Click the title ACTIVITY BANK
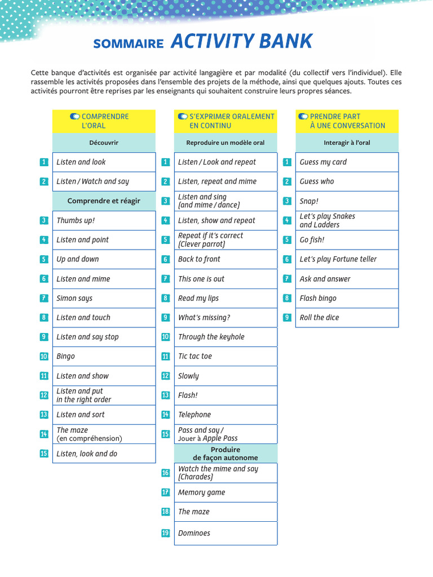click(x=241, y=42)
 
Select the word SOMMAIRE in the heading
click(x=128, y=44)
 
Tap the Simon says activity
click(x=74, y=298)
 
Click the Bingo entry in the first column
click(x=66, y=356)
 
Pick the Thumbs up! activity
click(x=76, y=220)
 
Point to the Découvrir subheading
click(x=104, y=143)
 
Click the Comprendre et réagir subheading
click(x=104, y=201)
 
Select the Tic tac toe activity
click(x=195, y=356)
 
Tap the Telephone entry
click(x=195, y=415)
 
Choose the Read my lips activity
click(x=198, y=298)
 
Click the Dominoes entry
click(x=194, y=533)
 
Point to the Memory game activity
click(x=201, y=492)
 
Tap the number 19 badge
click(x=165, y=533)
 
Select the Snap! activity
click(x=309, y=201)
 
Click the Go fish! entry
click(x=312, y=239)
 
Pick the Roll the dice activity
click(x=319, y=317)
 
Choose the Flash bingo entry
click(x=318, y=298)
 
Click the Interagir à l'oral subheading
click(x=347, y=143)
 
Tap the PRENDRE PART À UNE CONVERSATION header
click(x=347, y=121)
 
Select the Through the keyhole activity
click(x=211, y=337)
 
